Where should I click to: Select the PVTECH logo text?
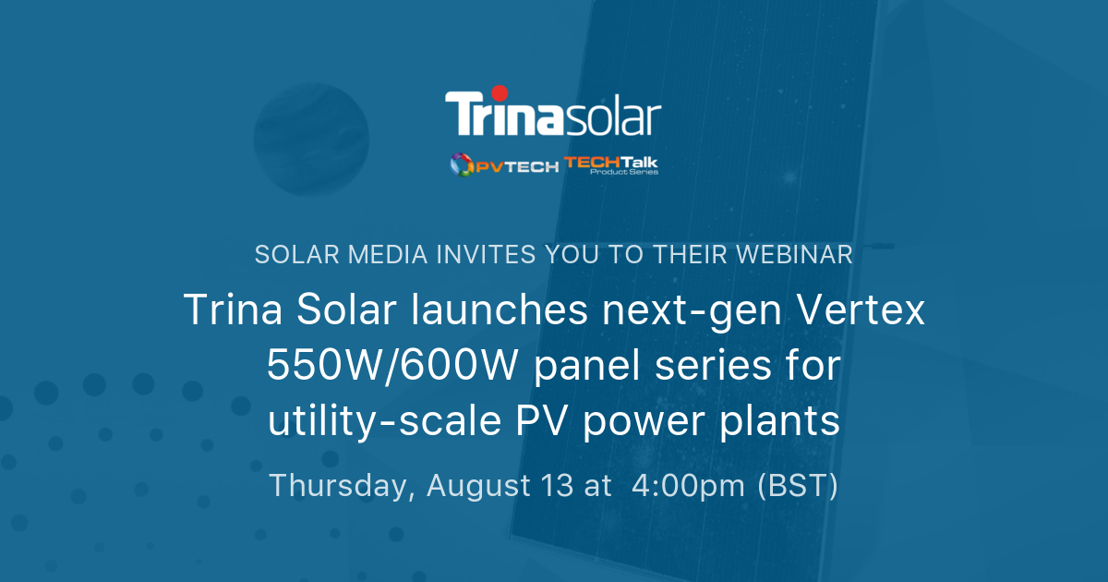pos(517,166)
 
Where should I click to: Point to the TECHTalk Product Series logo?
pos(611,164)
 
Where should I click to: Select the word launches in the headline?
pos(482,310)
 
